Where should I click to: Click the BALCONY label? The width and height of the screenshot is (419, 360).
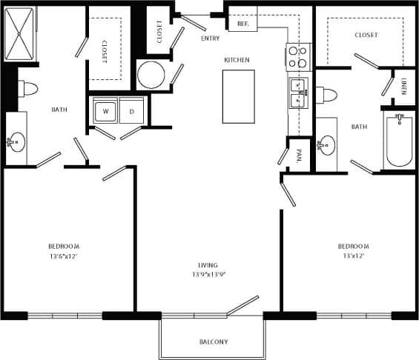(214, 341)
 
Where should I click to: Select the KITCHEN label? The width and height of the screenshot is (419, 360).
(237, 59)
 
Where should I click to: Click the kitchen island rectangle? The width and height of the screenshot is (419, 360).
(238, 96)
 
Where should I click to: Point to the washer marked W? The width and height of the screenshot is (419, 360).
(105, 111)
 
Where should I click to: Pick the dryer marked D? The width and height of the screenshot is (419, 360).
(131, 111)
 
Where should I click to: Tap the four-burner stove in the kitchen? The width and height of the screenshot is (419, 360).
(297, 57)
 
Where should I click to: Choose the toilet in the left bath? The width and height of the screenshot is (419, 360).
(27, 89)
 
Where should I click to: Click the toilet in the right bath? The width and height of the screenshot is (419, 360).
(329, 94)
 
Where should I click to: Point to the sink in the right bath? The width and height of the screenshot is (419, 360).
(327, 144)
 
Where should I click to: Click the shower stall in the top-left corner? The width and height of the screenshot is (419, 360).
(20, 34)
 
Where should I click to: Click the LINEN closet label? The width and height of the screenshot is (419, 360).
(403, 87)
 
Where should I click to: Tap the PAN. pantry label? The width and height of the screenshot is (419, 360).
(299, 156)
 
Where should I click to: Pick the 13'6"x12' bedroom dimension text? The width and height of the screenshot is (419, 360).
(64, 256)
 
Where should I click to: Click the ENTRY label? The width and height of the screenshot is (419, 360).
(211, 37)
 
